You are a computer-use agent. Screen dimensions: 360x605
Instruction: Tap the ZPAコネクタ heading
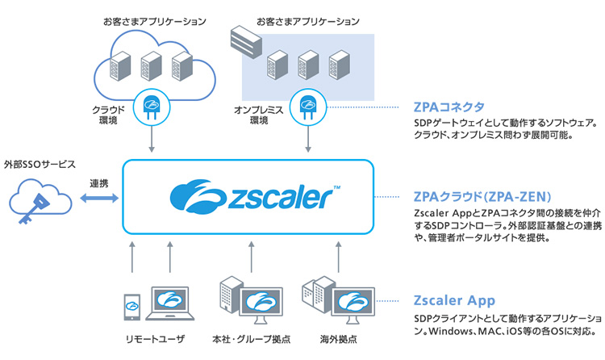[x=448, y=107]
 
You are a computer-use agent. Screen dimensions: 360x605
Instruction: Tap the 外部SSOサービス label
[x=40, y=163]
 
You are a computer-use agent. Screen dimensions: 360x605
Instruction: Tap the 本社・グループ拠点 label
[x=246, y=338]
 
